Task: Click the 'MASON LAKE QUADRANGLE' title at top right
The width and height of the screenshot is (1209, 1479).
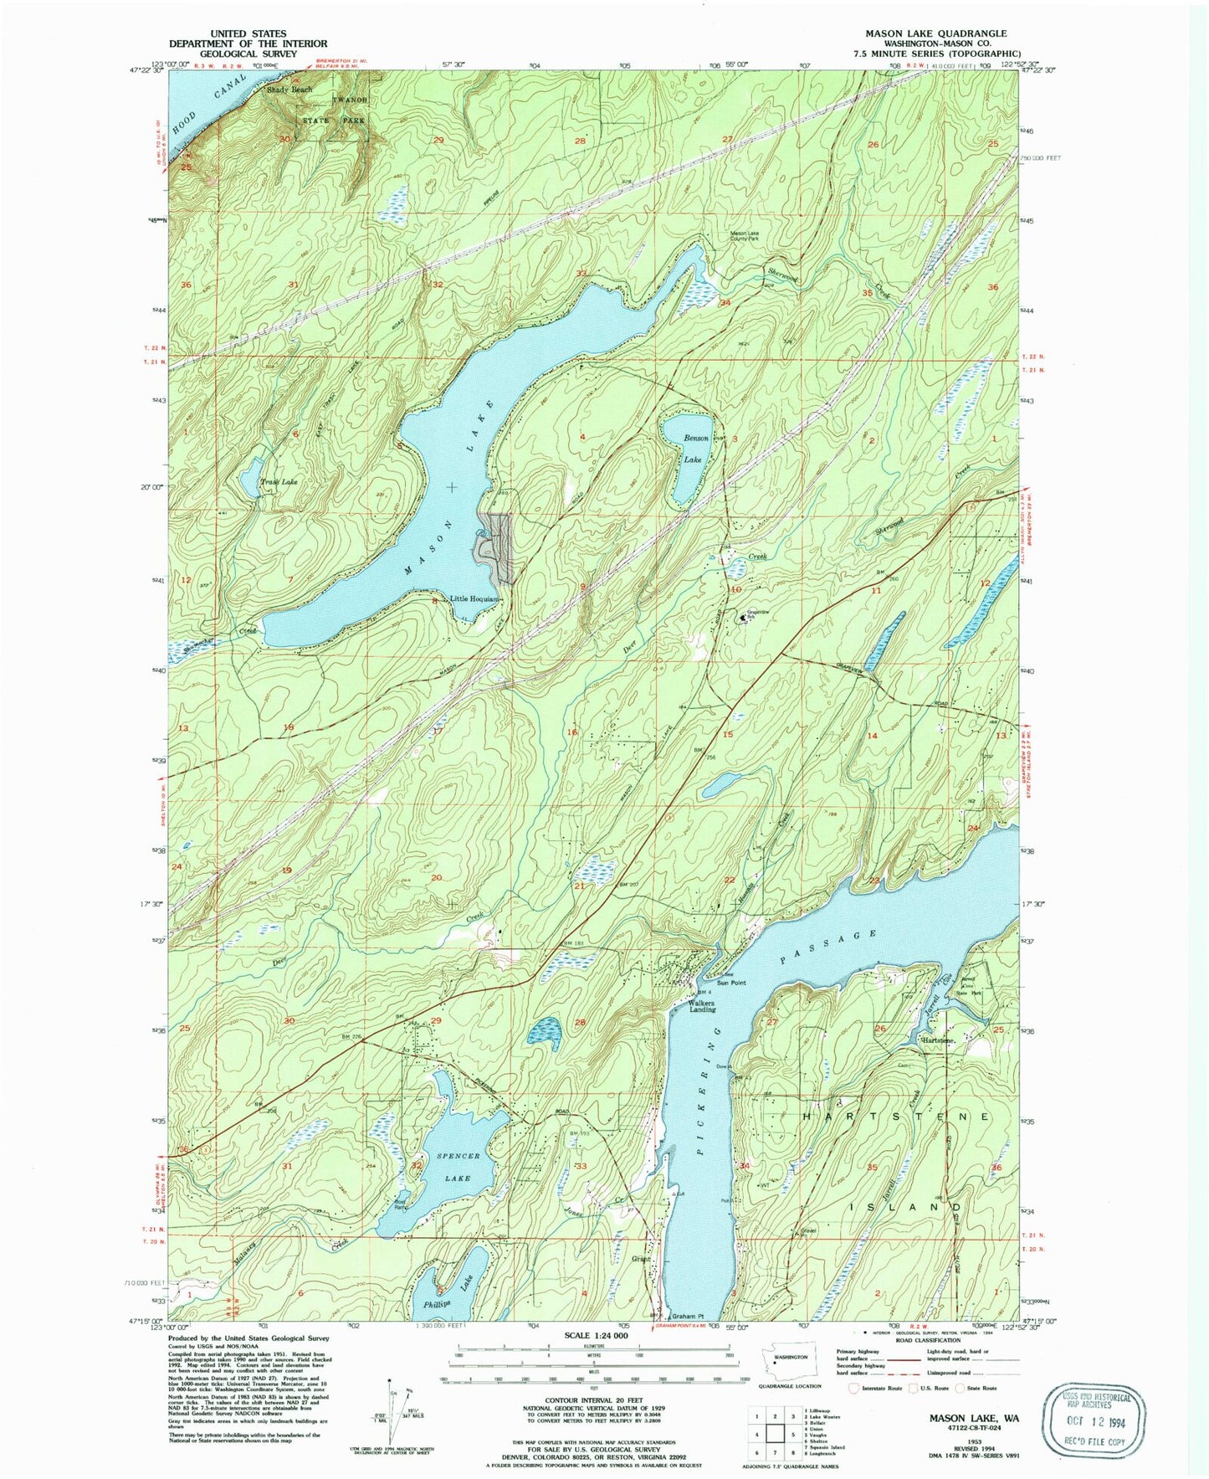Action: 935,33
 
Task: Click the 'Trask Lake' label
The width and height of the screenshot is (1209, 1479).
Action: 279,482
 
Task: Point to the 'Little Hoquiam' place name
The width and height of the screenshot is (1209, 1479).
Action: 474,599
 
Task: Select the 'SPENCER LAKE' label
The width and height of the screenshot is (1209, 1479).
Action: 458,1167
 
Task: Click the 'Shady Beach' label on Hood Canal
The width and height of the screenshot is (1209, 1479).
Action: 289,89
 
